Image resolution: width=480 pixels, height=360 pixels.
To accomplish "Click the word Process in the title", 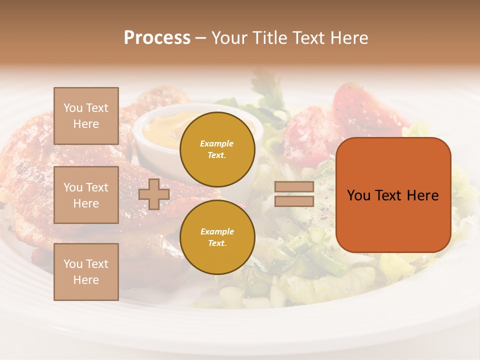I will [x=157, y=38].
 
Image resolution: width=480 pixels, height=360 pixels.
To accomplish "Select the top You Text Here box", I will [x=86, y=116].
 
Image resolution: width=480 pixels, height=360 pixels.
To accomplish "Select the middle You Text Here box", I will [x=86, y=195].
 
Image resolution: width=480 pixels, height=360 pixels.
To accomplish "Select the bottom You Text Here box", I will [x=86, y=272].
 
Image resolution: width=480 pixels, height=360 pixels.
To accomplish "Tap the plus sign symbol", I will [x=154, y=194].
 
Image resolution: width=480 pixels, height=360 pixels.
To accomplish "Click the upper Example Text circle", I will [x=217, y=149].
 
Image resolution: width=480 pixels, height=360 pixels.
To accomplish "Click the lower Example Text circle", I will [x=217, y=237].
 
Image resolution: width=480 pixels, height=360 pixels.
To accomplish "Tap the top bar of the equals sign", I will [x=294, y=187].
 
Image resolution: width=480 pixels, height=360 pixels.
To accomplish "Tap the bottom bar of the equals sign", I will [x=294, y=201].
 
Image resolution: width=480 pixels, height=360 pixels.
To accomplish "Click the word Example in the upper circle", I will [x=217, y=143].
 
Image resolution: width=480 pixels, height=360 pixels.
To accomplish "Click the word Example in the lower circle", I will [x=217, y=231].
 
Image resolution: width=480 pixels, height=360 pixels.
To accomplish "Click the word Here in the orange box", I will [x=422, y=195].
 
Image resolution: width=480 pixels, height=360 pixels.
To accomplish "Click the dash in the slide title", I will [x=201, y=38].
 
